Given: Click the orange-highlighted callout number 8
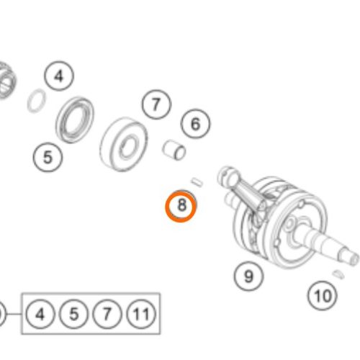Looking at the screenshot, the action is point(181,206).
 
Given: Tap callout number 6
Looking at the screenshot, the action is point(195,124).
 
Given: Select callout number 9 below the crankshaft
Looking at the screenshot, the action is point(248,276).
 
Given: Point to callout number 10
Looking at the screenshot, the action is point(323,296).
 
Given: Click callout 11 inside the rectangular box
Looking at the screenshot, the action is point(141,314).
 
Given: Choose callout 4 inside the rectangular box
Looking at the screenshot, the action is point(40,314).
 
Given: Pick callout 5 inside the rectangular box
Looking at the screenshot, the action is point(74,314).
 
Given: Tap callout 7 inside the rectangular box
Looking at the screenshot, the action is point(107,314).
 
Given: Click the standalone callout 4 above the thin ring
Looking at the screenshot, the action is point(59,76).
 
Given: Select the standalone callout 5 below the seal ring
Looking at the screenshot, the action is point(48,157).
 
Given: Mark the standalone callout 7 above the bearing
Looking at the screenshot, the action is point(156,104).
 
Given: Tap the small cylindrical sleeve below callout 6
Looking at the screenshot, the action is point(174,150).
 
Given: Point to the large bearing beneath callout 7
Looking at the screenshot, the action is point(124,144).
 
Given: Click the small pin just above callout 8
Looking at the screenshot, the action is point(197,182).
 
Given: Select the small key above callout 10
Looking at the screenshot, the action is point(338,274).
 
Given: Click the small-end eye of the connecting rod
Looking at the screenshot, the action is point(225,175).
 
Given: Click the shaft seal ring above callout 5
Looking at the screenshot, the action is point(75,120).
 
